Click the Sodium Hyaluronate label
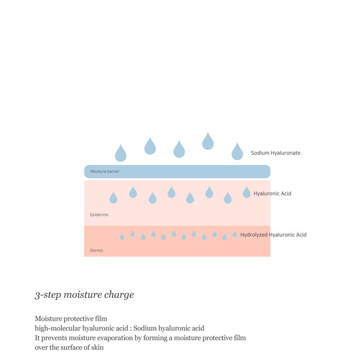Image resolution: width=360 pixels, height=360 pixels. click(276, 153)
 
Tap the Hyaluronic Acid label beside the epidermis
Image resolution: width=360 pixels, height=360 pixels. click(272, 193)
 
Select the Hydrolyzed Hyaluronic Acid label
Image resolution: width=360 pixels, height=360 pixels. click(273, 234)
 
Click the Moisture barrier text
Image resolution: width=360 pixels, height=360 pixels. click(104, 172)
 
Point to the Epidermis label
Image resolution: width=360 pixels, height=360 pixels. click(99, 215)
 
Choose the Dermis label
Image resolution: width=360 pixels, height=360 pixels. click(96, 250)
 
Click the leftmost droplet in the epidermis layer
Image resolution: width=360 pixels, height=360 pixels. click(114, 198)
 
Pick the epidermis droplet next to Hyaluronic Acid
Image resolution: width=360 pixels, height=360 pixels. click(246, 193)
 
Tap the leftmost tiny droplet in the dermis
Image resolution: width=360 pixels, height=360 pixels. click(122, 237)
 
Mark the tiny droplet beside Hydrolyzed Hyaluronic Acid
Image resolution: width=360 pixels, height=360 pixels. click(234, 234)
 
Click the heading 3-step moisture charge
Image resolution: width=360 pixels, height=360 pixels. click(84, 295)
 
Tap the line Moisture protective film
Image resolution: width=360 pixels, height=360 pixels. click(71, 319)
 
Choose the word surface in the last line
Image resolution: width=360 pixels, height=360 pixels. click(73, 348)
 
